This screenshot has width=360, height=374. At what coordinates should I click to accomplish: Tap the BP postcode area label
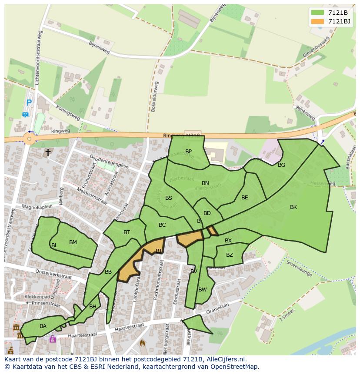coord(188,152)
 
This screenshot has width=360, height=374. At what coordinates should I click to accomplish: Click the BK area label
coord(293,207)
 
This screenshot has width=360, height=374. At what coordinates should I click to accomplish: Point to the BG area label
coord(281,165)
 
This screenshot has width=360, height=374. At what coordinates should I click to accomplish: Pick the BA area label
coord(43,326)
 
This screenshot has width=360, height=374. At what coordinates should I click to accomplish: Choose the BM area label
coord(73,242)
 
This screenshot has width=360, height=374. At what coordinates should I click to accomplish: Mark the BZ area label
coord(229,255)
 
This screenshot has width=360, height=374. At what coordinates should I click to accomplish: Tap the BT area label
coord(127,232)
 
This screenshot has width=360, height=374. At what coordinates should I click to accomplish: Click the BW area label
coord(202,290)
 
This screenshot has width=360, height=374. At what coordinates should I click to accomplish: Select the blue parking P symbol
coord(29,103)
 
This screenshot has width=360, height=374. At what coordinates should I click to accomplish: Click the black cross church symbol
coord(48,152)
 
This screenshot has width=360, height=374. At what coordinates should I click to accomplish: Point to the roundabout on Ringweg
coord(29,139)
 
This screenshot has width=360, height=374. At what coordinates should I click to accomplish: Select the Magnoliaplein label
coord(37,206)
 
